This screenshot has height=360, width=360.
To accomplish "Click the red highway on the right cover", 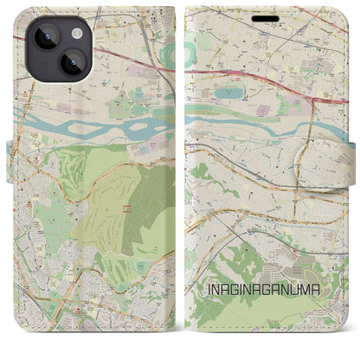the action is coord(251,73).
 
